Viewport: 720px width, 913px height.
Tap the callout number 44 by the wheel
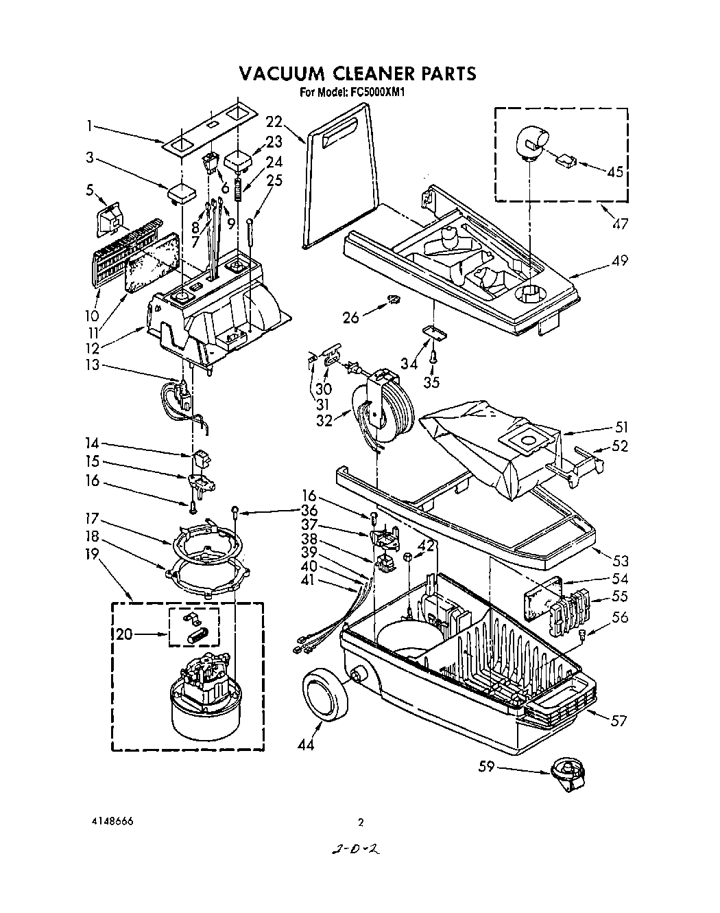306,744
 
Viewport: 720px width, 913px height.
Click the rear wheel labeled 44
325,695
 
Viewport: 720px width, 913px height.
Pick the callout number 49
619,262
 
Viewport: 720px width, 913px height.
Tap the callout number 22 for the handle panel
274,122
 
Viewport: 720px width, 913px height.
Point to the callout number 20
125,635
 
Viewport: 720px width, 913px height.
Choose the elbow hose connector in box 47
532,143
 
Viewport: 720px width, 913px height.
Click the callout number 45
615,172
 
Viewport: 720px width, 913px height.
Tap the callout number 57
619,721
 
